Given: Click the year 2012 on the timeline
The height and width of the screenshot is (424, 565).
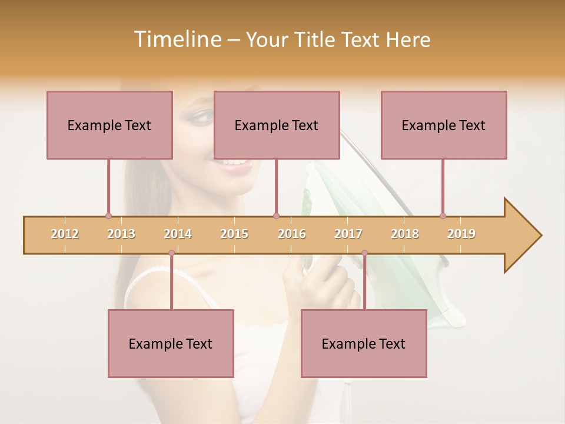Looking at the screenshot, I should pos(65,234).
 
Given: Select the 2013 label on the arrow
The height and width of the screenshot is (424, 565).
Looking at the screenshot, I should pos(121,234).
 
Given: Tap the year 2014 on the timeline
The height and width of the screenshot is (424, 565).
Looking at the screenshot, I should pos(178,234).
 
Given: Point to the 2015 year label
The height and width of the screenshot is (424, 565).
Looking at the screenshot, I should pos(234,234).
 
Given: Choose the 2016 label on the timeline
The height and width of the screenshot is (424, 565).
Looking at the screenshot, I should pos(292,234).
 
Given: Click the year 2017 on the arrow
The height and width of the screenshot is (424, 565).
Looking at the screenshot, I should pos(348,234).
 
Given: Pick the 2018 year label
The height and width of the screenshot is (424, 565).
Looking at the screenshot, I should pos(405,234).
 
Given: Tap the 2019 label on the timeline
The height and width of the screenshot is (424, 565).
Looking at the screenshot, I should pos(461,234).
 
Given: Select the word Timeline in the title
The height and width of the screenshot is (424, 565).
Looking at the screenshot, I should pos(176,39).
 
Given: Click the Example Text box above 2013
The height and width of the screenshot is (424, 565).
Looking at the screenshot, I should pos(109,125).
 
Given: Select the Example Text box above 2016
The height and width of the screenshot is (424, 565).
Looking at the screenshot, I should pos(277,125).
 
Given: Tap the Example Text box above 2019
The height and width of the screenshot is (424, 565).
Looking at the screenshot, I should pos(444,125).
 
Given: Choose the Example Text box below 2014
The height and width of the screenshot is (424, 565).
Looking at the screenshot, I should pos(171,343).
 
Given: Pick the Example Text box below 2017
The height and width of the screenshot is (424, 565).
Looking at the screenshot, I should pos(364,343).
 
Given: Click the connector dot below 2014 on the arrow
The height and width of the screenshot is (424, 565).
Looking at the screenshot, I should pos(171,253).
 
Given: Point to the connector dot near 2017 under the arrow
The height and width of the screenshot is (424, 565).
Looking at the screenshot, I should pos(364,253).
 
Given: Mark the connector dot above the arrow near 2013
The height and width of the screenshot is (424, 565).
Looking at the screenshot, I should pos(108,216).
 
